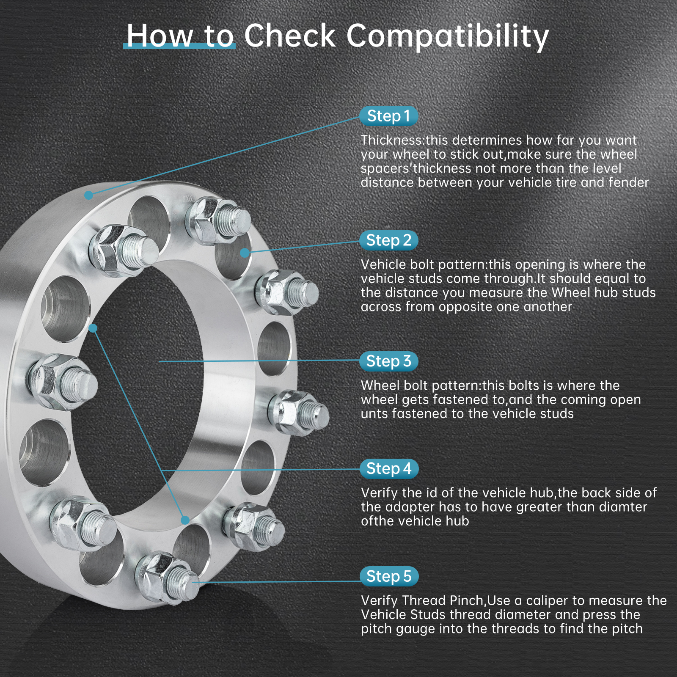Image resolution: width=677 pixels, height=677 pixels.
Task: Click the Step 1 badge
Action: click(388, 116)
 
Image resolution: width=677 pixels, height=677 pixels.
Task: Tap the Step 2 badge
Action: click(388, 240)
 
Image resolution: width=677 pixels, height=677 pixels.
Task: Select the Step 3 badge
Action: click(388, 361)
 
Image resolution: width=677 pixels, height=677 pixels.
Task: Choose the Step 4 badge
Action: click(388, 469)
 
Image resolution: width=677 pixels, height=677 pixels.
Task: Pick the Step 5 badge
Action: click(388, 576)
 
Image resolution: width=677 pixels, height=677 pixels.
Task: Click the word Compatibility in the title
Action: click(448, 36)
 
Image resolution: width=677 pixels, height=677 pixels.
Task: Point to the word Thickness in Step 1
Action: click(392, 140)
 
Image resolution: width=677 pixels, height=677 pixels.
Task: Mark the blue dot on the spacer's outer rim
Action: click(88, 195)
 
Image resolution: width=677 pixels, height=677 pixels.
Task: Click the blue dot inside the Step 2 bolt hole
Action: click(245, 253)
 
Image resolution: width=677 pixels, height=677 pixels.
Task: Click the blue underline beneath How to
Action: click(179, 46)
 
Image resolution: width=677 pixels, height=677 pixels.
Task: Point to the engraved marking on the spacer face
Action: click(188, 198)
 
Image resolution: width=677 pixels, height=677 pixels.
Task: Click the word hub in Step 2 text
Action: click(604, 293)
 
